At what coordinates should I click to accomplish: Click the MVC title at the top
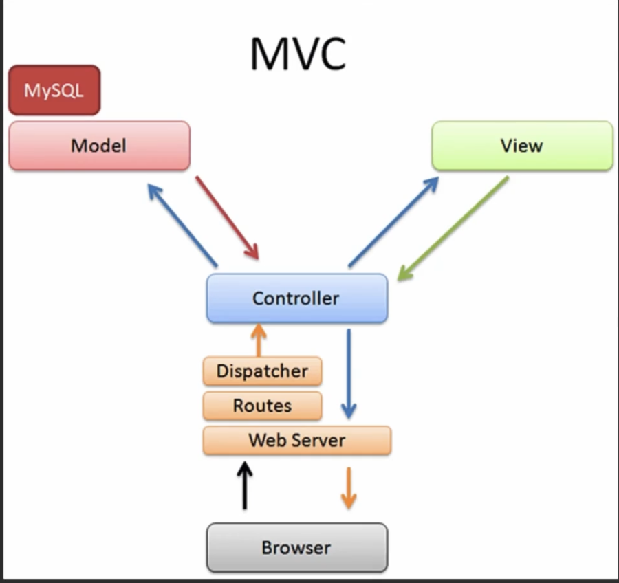[x=298, y=54]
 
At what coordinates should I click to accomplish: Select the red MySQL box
[x=54, y=90]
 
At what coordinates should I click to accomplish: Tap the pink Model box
[x=100, y=146]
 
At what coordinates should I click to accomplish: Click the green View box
[x=522, y=146]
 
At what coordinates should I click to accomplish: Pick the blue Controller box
[x=297, y=298]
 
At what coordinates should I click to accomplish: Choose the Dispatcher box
[x=263, y=371]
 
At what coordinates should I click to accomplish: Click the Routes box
[x=263, y=406]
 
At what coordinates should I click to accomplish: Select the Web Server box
[x=297, y=441]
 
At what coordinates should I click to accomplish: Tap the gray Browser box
[x=297, y=547]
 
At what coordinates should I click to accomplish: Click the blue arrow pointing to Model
[x=182, y=225]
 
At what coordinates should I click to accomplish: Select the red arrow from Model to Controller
[x=228, y=218]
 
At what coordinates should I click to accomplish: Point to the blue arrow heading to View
[x=393, y=222]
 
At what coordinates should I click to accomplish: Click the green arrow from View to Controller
[x=453, y=228]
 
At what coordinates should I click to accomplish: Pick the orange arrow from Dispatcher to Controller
[x=259, y=340]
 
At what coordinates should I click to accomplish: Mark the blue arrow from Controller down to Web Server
[x=349, y=374]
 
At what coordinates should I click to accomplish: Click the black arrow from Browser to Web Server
[x=245, y=485]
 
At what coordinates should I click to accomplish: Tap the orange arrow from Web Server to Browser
[x=349, y=488]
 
